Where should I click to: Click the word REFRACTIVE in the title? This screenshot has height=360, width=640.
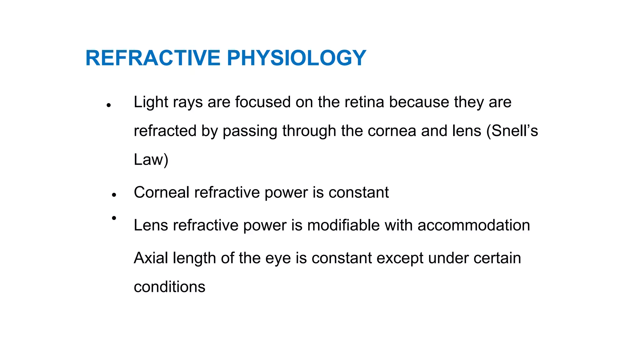[x=153, y=58]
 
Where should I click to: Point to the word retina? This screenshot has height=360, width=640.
[x=364, y=102]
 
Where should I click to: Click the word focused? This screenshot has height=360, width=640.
[x=263, y=102]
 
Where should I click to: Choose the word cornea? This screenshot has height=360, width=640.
[x=392, y=131]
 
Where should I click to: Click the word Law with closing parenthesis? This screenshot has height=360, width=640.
[x=151, y=160]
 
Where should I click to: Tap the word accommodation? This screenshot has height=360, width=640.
[x=474, y=225]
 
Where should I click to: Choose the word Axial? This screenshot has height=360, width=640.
[x=151, y=258]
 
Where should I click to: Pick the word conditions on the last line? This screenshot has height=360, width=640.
[x=169, y=287]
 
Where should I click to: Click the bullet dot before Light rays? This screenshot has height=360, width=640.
[x=109, y=105]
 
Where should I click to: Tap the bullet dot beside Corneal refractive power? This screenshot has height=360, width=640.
[x=114, y=195]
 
